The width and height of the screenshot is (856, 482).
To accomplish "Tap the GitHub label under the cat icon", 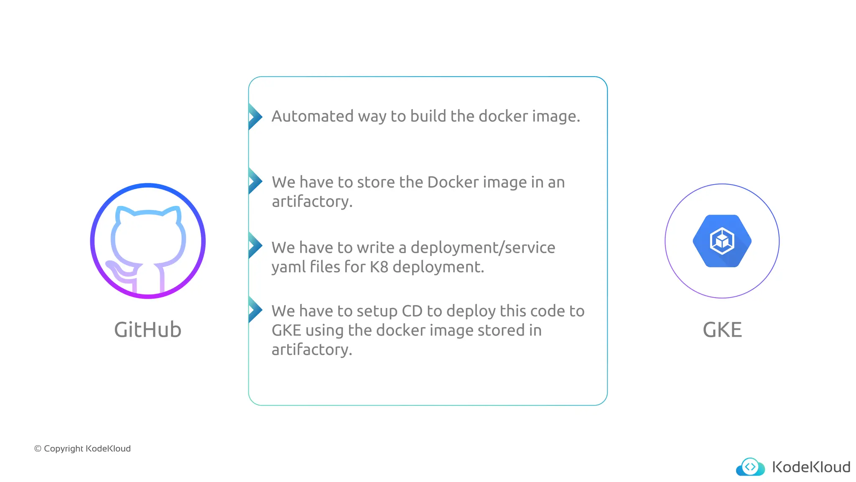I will [x=148, y=330].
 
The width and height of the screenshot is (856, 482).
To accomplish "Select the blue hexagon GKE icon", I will [x=722, y=241].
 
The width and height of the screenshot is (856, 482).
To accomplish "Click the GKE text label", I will [x=722, y=330].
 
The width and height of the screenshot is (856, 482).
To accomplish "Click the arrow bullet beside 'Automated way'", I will [x=255, y=116].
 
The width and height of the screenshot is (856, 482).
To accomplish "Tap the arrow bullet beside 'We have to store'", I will [x=255, y=181].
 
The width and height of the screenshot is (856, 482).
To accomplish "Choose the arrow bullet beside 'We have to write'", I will [x=255, y=246].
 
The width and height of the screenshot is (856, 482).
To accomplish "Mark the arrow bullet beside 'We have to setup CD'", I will [x=255, y=310].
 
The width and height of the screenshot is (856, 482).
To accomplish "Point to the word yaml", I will [x=288, y=267].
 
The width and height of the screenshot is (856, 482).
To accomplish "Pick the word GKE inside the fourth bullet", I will [x=286, y=331].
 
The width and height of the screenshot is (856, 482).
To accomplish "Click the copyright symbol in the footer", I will [x=38, y=449].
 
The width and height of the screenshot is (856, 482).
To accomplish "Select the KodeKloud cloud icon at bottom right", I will [x=750, y=467].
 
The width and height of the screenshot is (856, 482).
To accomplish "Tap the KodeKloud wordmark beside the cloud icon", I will [x=811, y=467].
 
